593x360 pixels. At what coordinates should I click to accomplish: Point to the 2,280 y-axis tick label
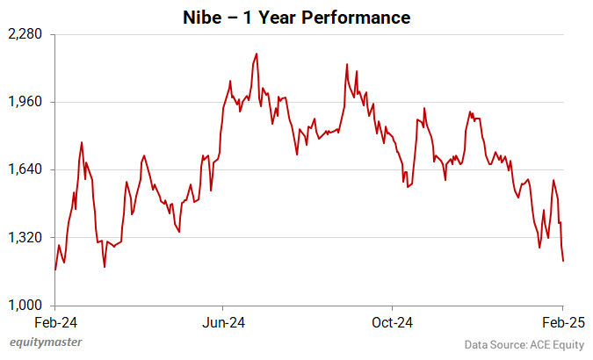coord(27,34)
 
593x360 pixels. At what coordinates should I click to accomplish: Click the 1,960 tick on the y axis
coord(27,102)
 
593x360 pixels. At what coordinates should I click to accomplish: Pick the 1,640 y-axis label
coord(27,169)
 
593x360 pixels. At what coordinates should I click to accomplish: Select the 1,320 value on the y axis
coord(27,237)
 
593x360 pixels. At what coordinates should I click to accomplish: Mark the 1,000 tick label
coord(27,305)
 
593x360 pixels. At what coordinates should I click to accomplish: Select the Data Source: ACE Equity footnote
coord(524,343)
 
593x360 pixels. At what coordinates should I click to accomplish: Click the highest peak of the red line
coord(256,54)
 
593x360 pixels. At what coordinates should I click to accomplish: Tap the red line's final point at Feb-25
coord(562,260)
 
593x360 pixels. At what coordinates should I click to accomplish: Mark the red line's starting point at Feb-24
coord(54,270)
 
